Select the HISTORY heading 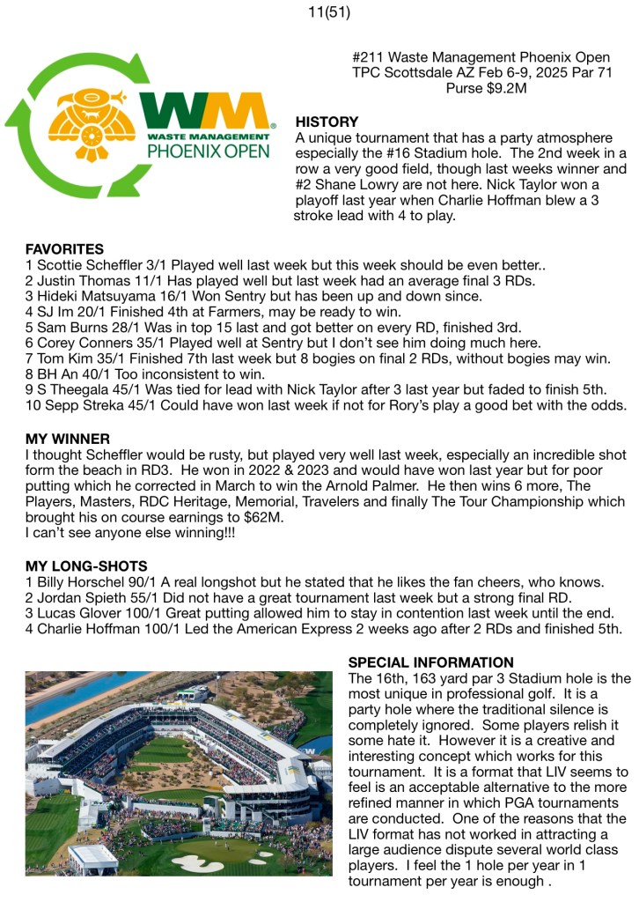pyautogui.click(x=327, y=122)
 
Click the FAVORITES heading pyautogui.click(x=64, y=249)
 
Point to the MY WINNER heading pyautogui.click(x=68, y=439)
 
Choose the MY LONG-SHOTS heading pyautogui.click(x=86, y=565)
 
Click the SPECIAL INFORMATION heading pyautogui.click(x=430, y=662)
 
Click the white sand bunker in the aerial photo pyautogui.click(x=197, y=863)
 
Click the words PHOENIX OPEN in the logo pyautogui.click(x=208, y=151)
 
